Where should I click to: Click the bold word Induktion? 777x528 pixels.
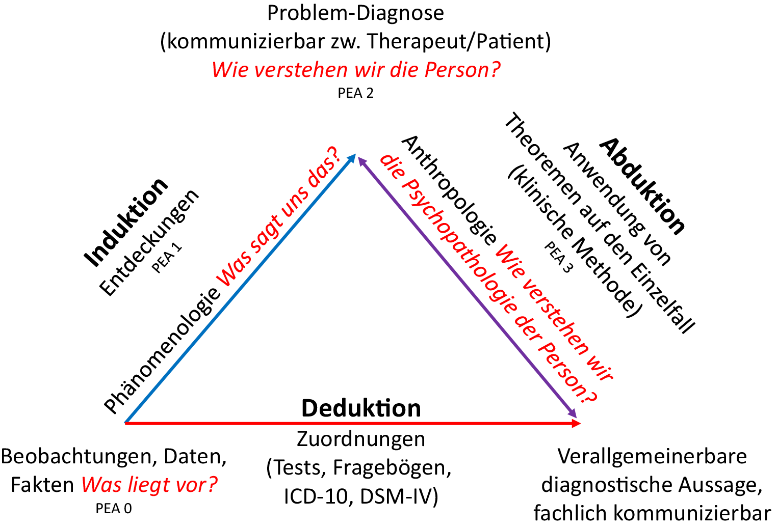pos(126,223)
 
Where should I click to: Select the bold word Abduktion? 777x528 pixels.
pos(642,187)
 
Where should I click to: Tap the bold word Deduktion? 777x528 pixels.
pos(361,408)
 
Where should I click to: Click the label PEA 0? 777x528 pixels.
pos(114,509)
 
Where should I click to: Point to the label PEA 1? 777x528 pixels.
pos(167,258)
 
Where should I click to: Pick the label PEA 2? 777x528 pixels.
pos(355,93)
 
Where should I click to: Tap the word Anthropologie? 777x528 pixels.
pos(449,190)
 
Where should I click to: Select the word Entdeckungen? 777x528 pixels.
pos(149,242)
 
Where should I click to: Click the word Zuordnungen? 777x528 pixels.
pos(361,439)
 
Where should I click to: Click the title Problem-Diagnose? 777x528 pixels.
pos(355,13)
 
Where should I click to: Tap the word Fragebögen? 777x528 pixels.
pos(392,467)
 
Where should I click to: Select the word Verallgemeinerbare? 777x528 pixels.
pos(652,456)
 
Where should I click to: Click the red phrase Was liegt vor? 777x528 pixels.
pos(149,485)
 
